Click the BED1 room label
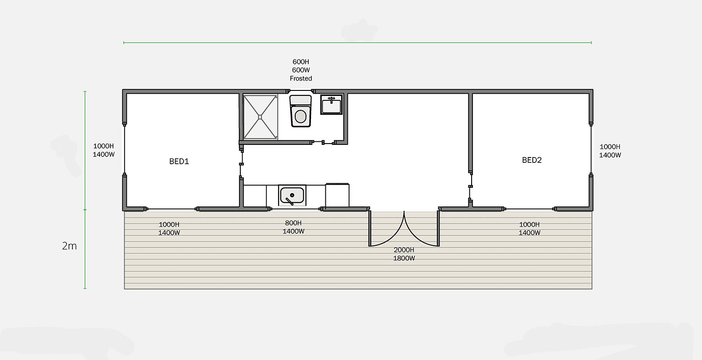point(179,162)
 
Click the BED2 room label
point(532,160)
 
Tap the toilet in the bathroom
point(301,111)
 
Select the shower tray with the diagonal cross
point(260,117)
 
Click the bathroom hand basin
point(331,105)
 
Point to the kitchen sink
point(292,195)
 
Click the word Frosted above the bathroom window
point(301,78)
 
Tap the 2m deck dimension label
point(69,246)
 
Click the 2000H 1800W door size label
point(404,254)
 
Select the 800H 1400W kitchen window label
point(293,227)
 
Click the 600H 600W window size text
point(301,66)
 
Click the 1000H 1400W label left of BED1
point(104,150)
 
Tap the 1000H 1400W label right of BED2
point(610,151)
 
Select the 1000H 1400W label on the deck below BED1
point(169,229)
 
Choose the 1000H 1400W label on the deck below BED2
point(529,229)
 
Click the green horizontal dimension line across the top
point(358,43)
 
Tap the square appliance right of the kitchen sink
point(337,195)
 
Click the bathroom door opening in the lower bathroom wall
point(323,143)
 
